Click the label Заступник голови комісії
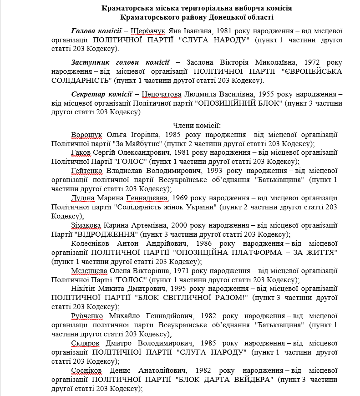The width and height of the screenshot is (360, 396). coord(120,62)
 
